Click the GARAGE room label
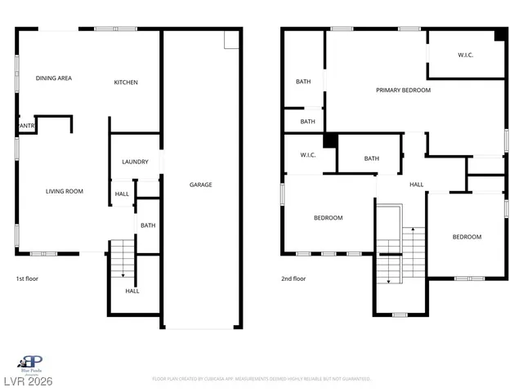click(201, 185)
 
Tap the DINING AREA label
click(54, 78)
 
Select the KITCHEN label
click(126, 82)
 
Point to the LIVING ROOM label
click(64, 191)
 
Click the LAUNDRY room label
click(135, 162)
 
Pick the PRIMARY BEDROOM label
click(403, 90)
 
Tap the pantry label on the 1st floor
click(26, 126)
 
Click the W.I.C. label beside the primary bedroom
click(466, 55)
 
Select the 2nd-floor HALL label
click(416, 185)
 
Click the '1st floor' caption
click(27, 278)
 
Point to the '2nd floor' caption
click(293, 278)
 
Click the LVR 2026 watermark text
click(28, 381)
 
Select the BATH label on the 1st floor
click(148, 225)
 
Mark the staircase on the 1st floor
click(121, 259)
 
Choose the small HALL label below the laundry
click(122, 194)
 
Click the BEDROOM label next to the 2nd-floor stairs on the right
click(467, 237)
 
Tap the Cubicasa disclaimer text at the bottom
click(261, 379)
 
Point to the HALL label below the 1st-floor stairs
click(132, 291)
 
